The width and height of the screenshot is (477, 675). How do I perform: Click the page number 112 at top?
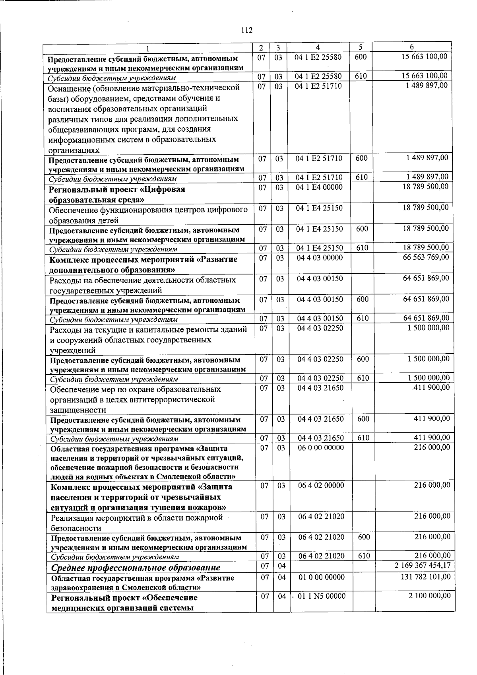click(x=247, y=30)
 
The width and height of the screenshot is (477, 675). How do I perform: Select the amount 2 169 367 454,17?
click(x=423, y=565)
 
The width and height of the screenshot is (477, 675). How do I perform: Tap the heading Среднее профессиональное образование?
click(x=136, y=567)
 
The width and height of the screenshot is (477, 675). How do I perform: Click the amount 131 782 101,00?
click(x=425, y=577)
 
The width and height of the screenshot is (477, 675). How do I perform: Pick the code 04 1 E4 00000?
click(x=319, y=187)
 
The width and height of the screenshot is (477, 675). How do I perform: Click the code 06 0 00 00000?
click(x=321, y=447)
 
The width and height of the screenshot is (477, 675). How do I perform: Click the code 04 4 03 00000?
click(x=320, y=257)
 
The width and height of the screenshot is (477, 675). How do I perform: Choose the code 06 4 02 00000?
click(x=321, y=485)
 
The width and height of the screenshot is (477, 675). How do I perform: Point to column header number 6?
click(x=412, y=47)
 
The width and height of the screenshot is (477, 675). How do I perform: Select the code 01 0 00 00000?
click(x=321, y=577)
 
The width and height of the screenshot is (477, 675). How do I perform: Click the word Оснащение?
click(x=68, y=88)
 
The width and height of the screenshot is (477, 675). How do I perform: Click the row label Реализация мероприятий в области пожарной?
click(x=136, y=518)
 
